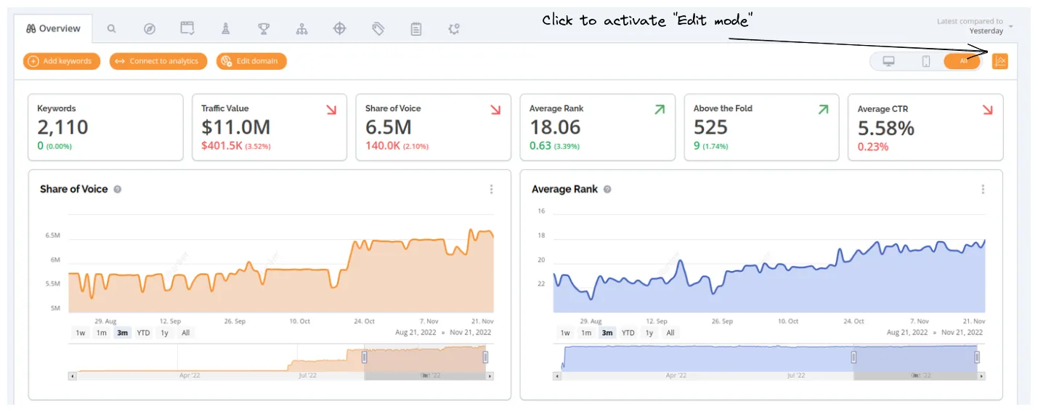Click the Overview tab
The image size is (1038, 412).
53,29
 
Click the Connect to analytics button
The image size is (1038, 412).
158,61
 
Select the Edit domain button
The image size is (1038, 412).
251,61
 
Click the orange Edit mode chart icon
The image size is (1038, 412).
1000,61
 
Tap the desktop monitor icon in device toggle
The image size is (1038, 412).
888,61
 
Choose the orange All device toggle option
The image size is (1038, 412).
963,61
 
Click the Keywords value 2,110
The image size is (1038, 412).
63,127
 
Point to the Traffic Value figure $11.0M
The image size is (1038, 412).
235,127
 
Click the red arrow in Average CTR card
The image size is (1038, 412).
987,110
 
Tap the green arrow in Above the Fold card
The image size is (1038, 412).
823,110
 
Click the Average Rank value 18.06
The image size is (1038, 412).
555,127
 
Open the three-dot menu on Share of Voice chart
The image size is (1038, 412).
491,189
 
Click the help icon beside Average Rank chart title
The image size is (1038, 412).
607,189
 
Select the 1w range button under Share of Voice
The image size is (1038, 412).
81,333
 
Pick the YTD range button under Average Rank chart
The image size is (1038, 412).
628,333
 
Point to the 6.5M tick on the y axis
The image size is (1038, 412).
52,236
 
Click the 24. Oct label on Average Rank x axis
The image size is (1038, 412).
853,321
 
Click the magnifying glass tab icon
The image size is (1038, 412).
111,29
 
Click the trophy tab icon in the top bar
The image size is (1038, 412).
264,29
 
